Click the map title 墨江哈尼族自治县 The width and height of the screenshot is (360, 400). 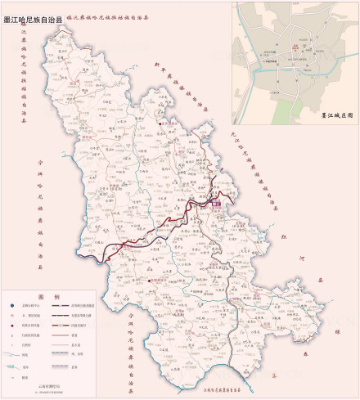tap(34, 12)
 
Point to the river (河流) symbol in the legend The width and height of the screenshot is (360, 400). tap(11, 356)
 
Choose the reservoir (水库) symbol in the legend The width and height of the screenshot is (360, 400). tap(11, 367)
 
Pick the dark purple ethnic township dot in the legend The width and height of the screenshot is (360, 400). tap(11, 325)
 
